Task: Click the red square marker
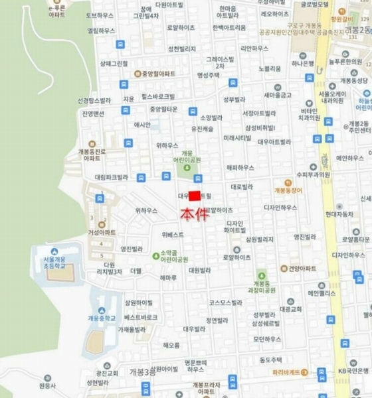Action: coord(195,196)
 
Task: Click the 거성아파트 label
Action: coord(101,232)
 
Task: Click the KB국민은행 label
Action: coord(353,370)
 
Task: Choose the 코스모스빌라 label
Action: coord(226,302)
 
